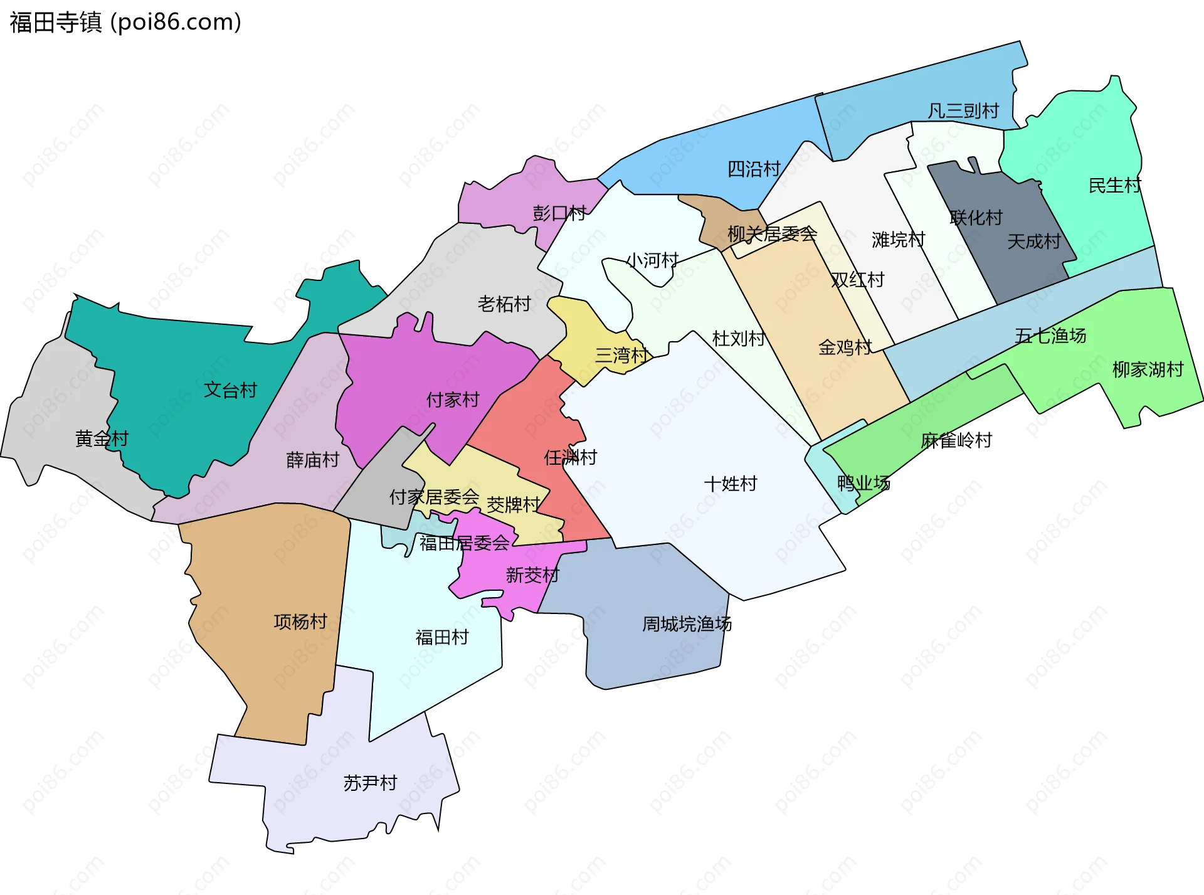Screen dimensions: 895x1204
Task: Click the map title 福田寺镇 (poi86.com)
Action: tap(125, 23)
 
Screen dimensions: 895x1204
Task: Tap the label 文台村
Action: tap(230, 390)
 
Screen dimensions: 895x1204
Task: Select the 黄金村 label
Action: tap(102, 438)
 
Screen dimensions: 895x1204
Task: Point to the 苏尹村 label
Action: tap(370, 783)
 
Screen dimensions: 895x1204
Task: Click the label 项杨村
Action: tap(300, 622)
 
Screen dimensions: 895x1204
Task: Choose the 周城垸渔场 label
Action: tap(687, 624)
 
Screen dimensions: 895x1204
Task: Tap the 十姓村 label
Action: tap(731, 484)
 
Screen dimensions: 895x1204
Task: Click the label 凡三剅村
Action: tap(963, 111)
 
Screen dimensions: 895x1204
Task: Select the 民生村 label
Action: tap(1114, 186)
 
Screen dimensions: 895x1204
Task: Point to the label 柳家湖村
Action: tap(1148, 369)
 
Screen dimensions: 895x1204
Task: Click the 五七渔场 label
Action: tap(1050, 336)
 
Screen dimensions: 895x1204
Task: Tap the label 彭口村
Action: tap(559, 213)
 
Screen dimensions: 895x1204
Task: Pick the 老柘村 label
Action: tap(504, 304)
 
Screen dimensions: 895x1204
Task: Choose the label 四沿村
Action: tap(753, 169)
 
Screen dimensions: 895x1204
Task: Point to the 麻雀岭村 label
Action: tap(956, 440)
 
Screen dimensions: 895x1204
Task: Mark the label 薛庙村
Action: tap(312, 460)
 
